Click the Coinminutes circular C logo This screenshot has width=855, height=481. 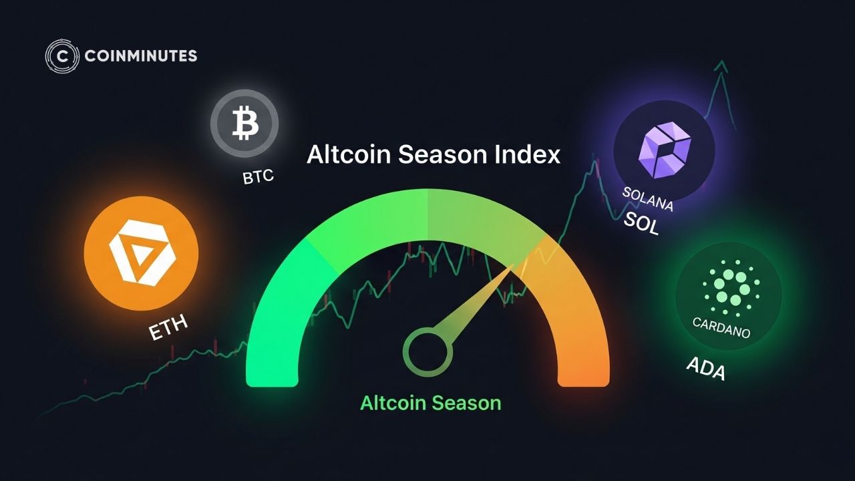click(62, 56)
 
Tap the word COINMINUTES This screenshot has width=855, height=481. click(141, 56)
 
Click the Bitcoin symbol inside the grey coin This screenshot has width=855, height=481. click(245, 123)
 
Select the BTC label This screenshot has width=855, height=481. click(259, 177)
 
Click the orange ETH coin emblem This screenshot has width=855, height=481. click(141, 253)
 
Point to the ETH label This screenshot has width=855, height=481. click(168, 327)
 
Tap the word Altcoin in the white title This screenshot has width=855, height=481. click(349, 154)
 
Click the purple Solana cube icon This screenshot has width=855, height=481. click(665, 150)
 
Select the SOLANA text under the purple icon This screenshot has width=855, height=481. click(648, 198)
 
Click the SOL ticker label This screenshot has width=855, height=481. click(641, 223)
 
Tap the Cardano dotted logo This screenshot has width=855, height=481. click(731, 288)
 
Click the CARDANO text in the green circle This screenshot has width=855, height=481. click(721, 327)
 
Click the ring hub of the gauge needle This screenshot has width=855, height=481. click(427, 352)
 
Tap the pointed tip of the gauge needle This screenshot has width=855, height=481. click(514, 265)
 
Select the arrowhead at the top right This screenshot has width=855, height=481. click(721, 66)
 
